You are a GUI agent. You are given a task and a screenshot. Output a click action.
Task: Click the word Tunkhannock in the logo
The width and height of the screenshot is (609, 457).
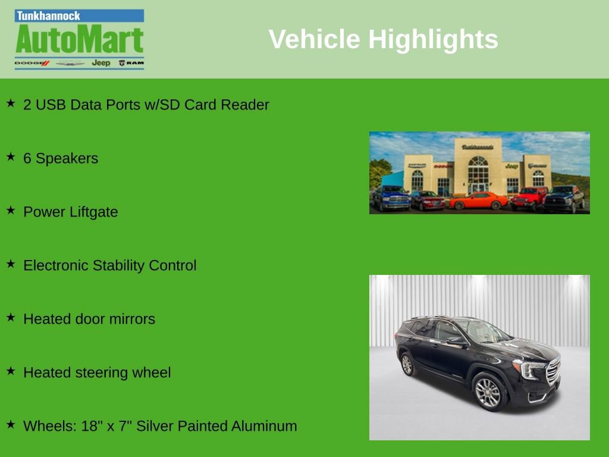pyautogui.click(x=48, y=16)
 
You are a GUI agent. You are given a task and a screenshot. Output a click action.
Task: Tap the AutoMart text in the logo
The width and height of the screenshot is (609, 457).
pyautogui.click(x=79, y=39)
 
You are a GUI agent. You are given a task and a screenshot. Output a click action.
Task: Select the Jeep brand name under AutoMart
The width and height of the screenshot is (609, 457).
pyautogui.click(x=101, y=63)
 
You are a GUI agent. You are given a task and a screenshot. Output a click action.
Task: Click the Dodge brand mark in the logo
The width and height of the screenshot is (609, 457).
pyautogui.click(x=32, y=63)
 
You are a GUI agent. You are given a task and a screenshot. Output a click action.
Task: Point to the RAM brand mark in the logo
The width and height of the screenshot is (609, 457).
pyautogui.click(x=131, y=63)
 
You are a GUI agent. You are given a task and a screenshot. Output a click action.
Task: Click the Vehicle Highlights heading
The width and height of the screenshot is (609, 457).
pyautogui.click(x=383, y=39)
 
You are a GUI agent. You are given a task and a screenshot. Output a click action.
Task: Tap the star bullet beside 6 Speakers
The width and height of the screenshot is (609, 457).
pyautogui.click(x=11, y=156)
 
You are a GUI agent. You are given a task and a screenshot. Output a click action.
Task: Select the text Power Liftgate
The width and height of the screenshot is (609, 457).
pyautogui.click(x=70, y=212)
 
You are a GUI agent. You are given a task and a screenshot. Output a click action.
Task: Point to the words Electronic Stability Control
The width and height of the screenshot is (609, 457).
pyautogui.click(x=110, y=265)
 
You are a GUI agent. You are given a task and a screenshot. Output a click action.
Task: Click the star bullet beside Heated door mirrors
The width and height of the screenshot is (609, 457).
pyautogui.click(x=11, y=318)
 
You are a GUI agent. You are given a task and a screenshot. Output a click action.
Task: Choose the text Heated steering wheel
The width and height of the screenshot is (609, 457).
pyautogui.click(x=97, y=373)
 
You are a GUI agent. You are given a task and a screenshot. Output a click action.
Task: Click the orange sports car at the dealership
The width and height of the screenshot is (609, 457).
pyautogui.click(x=479, y=201)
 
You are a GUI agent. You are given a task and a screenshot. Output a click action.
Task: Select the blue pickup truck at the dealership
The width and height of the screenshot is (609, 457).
pyautogui.click(x=391, y=198)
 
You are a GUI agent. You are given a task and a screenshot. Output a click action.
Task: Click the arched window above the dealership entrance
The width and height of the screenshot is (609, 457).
pyautogui.click(x=478, y=168)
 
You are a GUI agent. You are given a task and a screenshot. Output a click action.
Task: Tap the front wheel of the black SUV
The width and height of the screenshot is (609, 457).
pyautogui.click(x=488, y=393)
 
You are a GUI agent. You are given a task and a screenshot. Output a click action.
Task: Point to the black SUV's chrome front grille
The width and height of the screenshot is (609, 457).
pyautogui.click(x=553, y=371)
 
